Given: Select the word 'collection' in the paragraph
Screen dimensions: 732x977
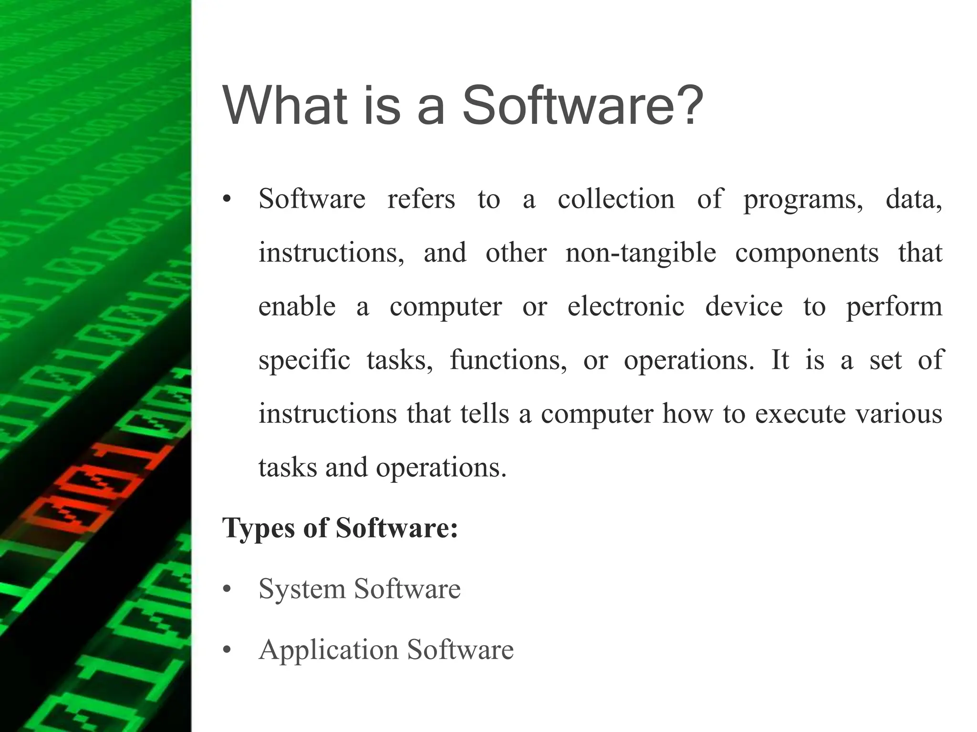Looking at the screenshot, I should click(x=616, y=199).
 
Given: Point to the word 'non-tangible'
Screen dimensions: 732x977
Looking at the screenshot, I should click(x=641, y=253).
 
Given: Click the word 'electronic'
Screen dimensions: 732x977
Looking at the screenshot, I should click(x=626, y=306).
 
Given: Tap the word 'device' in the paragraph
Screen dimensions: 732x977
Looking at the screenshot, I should click(x=744, y=306).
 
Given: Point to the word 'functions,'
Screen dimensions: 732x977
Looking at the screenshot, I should click(x=509, y=360).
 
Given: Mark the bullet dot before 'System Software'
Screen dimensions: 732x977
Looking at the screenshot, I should click(x=227, y=590).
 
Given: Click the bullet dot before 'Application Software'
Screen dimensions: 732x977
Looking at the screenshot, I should click(x=227, y=650).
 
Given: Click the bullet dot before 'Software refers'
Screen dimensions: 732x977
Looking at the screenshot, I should click(x=227, y=200).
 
